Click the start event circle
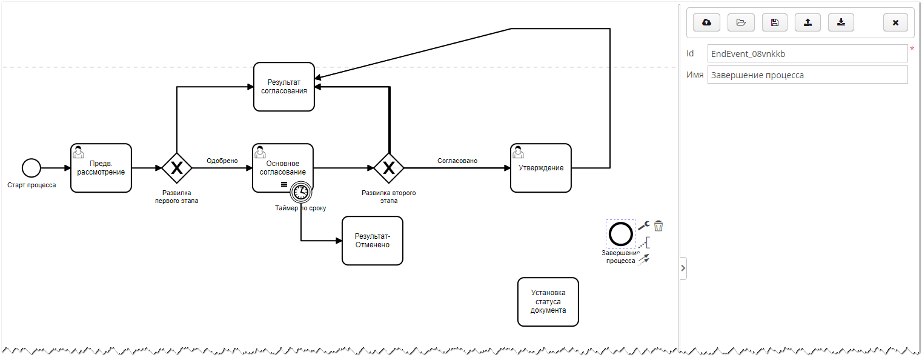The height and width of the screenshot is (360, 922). point(31,168)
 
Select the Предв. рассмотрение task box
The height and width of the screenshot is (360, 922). point(101,168)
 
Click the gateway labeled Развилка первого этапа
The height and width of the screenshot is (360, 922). point(177,168)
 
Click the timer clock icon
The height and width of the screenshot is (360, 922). point(300,192)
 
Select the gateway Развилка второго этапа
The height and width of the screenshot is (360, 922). point(388,168)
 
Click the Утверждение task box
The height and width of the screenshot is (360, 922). point(540,168)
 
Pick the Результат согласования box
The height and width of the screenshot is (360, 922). point(284,87)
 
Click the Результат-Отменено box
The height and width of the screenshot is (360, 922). point(372,241)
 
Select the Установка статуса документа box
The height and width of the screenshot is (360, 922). point(548,302)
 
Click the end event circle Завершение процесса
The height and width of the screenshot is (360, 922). point(620,234)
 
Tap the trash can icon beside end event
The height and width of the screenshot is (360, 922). point(658,225)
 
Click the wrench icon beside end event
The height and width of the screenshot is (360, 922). point(644,225)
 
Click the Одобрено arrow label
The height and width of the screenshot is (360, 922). point(222,161)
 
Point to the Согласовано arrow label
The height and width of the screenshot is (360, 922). point(457,161)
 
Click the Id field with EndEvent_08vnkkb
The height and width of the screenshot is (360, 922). point(807,54)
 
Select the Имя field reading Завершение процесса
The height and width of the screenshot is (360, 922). point(807,75)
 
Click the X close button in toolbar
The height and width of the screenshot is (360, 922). point(895,23)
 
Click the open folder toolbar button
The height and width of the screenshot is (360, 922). point(740,23)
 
